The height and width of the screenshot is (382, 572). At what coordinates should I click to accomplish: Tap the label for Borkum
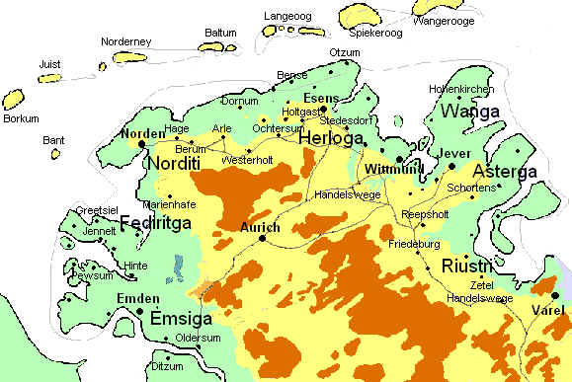pyautogui.click(x=21, y=118)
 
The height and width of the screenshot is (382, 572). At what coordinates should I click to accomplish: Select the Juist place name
pyautogui.click(x=49, y=64)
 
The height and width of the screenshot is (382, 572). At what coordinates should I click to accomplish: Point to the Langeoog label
pyautogui.click(x=287, y=17)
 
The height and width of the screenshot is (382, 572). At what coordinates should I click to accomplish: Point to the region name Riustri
pyautogui.click(x=467, y=266)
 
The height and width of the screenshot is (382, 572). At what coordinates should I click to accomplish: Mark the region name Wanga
pyautogui.click(x=469, y=112)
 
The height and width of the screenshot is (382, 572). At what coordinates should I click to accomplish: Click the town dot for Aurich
pyautogui.click(x=263, y=238)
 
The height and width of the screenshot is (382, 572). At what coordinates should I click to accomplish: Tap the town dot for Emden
pyautogui.click(x=139, y=312)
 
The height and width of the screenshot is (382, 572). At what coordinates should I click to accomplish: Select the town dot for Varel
pyautogui.click(x=555, y=295)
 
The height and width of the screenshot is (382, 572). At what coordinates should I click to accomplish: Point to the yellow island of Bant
pyautogui.click(x=55, y=153)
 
